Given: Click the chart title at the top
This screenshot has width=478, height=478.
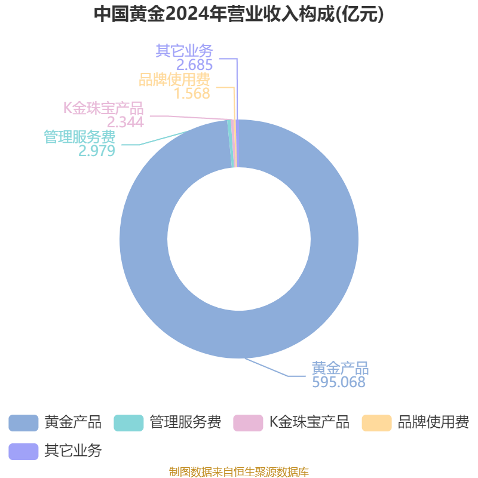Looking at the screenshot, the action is pyautogui.click(x=238, y=14).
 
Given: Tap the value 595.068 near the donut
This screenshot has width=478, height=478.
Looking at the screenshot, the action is pyautogui.click(x=339, y=382).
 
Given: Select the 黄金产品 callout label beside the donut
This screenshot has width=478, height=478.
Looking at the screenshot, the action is pyautogui.click(x=340, y=368).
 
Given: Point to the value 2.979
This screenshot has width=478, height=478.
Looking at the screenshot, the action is pyautogui.click(x=97, y=151).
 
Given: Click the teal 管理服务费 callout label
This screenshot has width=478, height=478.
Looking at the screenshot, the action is pyautogui.click(x=79, y=137).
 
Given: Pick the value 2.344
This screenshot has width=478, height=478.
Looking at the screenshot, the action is pyautogui.click(x=125, y=122).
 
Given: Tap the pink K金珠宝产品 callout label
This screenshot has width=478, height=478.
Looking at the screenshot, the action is pyautogui.click(x=103, y=108).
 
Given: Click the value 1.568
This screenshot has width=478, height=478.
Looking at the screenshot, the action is pyautogui.click(x=192, y=93).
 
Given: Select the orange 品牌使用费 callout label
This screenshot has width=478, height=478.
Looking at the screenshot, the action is pyautogui.click(x=174, y=79).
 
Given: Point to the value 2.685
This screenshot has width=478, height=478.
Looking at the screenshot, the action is pyautogui.click(x=195, y=65).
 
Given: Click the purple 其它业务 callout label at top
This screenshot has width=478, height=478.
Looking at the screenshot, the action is pyautogui.click(x=185, y=51).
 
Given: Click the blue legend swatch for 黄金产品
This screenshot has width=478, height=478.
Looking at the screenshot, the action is pyautogui.click(x=23, y=423).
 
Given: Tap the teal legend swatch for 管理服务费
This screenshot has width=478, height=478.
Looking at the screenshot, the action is pyautogui.click(x=128, y=423).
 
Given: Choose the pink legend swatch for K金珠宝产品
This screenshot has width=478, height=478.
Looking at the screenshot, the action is pyautogui.click(x=248, y=423).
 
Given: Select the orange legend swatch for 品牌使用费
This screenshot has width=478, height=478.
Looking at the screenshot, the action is pyautogui.click(x=376, y=423).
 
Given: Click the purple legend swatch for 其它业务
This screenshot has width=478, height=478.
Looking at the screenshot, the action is pyautogui.click(x=23, y=452).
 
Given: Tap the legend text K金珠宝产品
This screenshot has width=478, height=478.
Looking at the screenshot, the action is pyautogui.click(x=309, y=422).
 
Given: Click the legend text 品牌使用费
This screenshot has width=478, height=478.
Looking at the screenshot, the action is pyautogui.click(x=433, y=422).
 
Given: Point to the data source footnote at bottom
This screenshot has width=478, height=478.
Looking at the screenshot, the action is pyautogui.click(x=238, y=471).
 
